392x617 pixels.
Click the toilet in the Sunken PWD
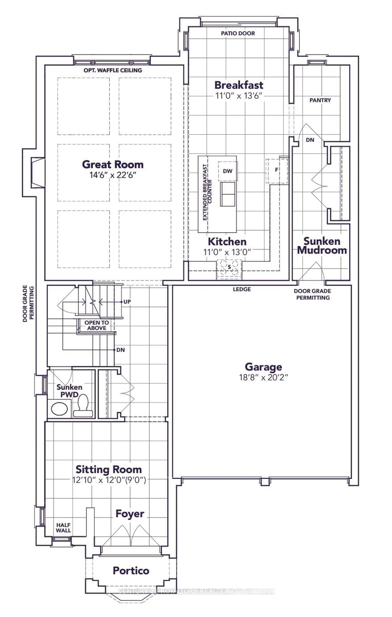pyautogui.click(x=83, y=405)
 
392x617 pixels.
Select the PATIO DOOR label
pyautogui.click(x=238, y=33)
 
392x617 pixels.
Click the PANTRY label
pyautogui.click(x=320, y=100)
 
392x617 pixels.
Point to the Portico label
pyautogui.click(x=131, y=571)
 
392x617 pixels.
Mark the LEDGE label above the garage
pyautogui.click(x=242, y=289)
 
